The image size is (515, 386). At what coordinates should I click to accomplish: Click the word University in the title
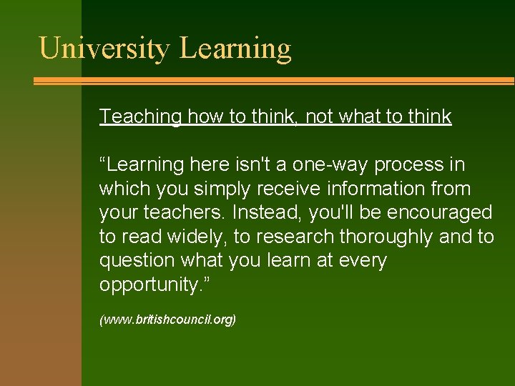[104, 49]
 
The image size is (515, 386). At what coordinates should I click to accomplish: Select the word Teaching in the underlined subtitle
[140, 117]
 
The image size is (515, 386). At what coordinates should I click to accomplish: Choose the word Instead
[265, 213]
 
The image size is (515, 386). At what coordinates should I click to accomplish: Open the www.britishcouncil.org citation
[167, 320]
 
